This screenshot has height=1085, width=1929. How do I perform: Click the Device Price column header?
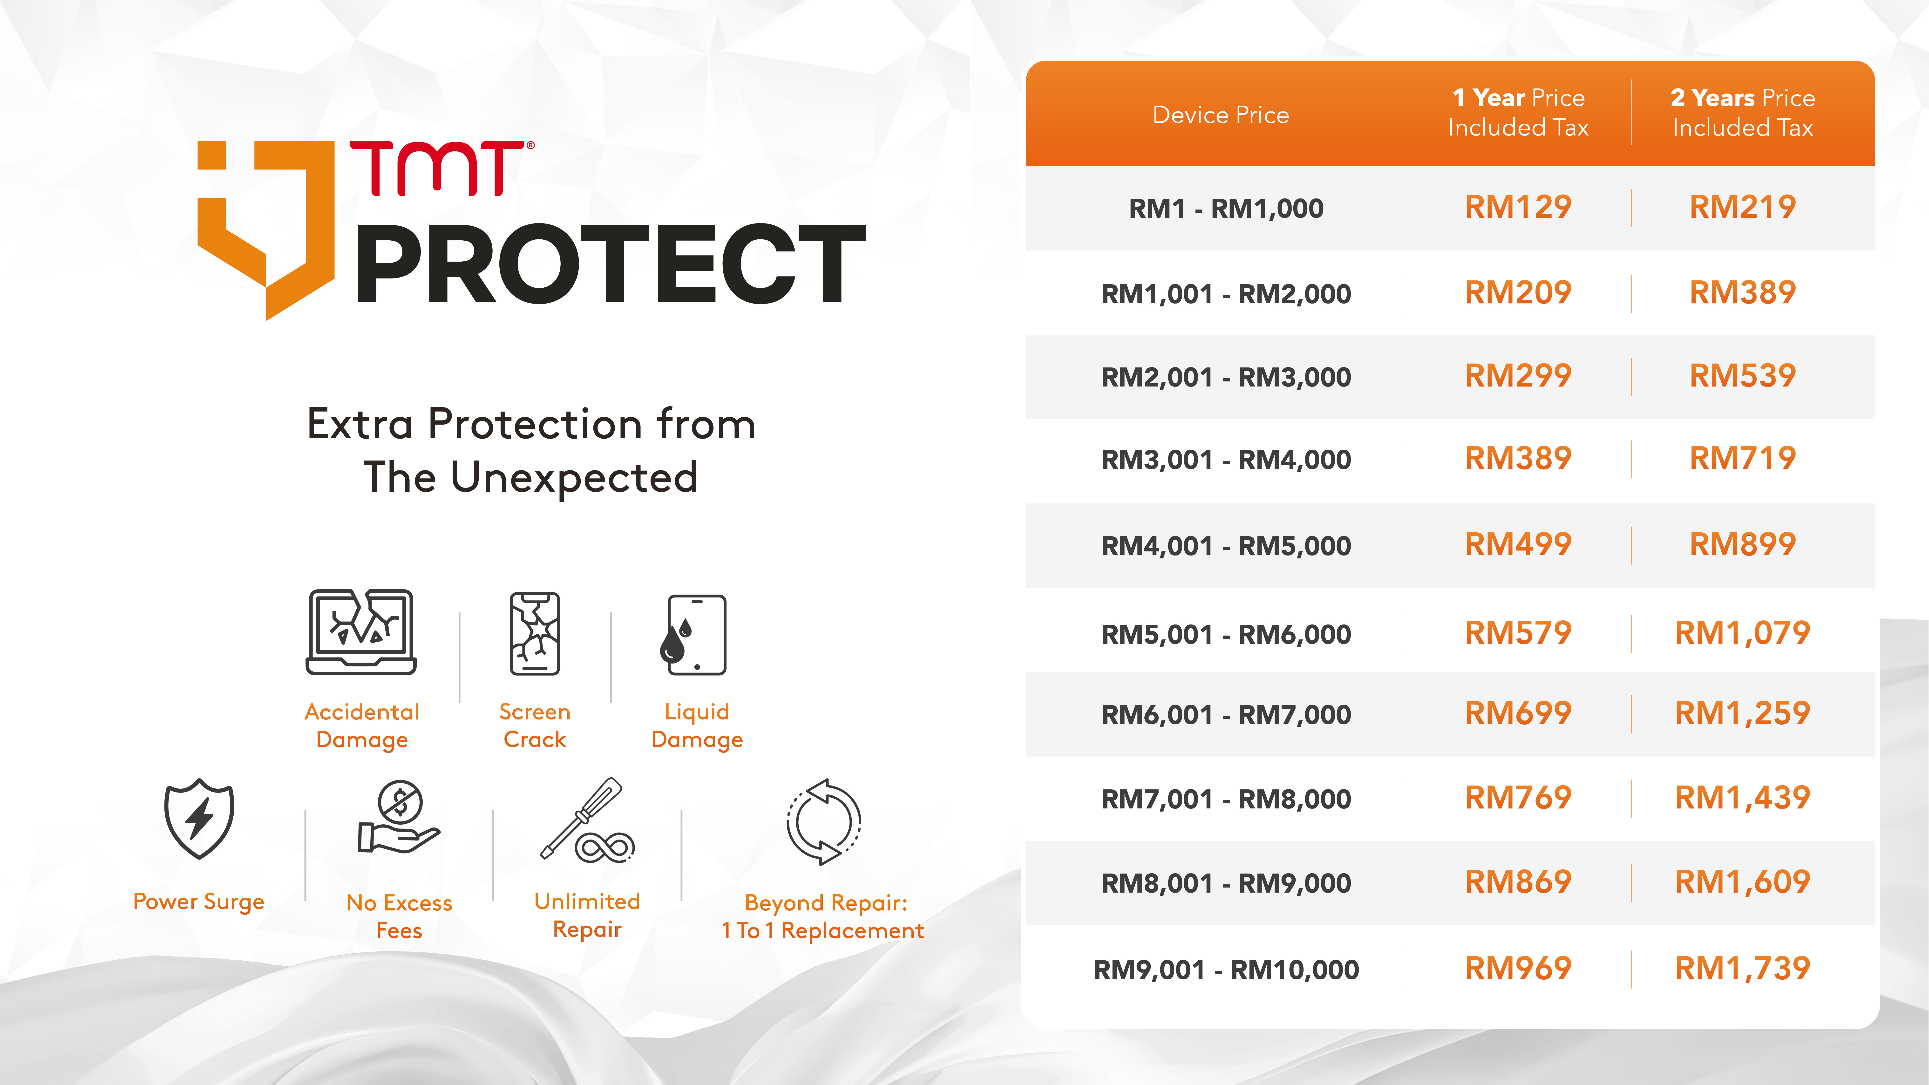[1221, 115]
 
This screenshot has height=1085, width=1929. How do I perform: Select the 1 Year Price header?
[1519, 112]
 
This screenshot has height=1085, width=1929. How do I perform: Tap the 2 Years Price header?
[1743, 112]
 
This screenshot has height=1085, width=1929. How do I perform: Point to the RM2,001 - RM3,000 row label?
[1226, 377]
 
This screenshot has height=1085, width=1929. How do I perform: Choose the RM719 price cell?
[1743, 458]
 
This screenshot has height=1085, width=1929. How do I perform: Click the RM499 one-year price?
[1518, 544]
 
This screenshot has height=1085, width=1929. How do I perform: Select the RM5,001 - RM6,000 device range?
[1226, 634]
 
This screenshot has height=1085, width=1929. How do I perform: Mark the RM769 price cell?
[1518, 797]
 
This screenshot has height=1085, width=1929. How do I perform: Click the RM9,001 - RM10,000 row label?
[1226, 970]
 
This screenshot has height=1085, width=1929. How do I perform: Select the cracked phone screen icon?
[535, 633]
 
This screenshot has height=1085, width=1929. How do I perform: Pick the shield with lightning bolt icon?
[199, 818]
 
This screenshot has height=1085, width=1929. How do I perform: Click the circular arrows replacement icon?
[824, 821]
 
